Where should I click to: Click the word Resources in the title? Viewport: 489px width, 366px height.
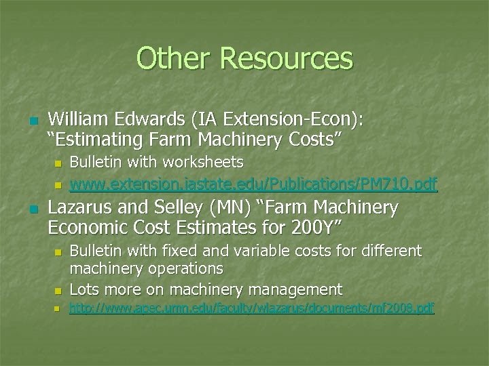click(x=287, y=58)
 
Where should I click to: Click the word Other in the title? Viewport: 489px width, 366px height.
click(x=175, y=58)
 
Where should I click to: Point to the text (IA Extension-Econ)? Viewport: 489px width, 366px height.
click(x=278, y=120)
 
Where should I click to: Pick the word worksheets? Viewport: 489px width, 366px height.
click(x=204, y=163)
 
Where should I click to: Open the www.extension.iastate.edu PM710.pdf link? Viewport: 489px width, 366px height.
click(x=254, y=183)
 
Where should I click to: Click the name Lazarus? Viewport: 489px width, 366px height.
click(x=80, y=207)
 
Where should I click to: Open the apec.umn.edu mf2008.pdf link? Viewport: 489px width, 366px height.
click(x=252, y=308)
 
